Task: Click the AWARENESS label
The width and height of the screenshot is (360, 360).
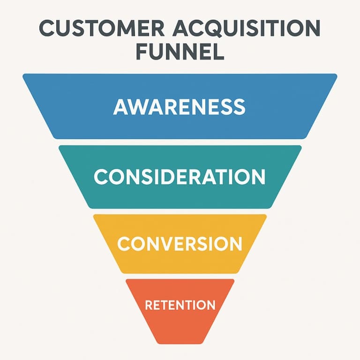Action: click(180, 107)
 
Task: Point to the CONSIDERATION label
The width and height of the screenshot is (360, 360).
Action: click(180, 177)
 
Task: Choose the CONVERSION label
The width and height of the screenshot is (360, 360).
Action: click(180, 244)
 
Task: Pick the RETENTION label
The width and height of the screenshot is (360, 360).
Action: click(180, 305)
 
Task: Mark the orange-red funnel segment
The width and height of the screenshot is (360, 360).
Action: click(180, 328)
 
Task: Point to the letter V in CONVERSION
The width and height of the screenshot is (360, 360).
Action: click(168, 244)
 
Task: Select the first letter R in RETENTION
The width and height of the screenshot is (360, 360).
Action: click(149, 305)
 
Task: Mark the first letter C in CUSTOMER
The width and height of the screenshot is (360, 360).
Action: click(47, 29)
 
